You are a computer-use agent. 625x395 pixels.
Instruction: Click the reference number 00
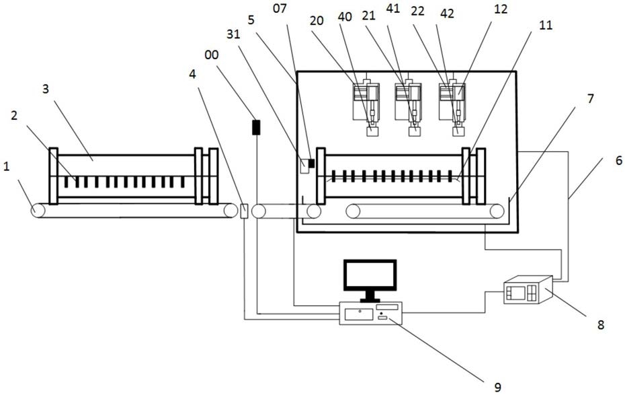[212, 55]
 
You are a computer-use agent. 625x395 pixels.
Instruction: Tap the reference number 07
[280, 8]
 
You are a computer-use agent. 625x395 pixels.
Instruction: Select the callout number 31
[233, 35]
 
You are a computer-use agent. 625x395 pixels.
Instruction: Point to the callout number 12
[500, 9]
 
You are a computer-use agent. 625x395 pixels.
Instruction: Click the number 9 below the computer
[497, 386]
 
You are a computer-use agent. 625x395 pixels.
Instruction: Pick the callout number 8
[601, 324]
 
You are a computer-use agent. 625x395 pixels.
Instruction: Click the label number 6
[619, 161]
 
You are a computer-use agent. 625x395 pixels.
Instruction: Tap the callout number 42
[447, 14]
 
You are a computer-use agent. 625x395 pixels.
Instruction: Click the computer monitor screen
[370, 275]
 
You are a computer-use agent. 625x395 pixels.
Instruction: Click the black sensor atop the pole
[256, 127]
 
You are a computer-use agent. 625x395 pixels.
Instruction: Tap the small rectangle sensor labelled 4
[245, 211]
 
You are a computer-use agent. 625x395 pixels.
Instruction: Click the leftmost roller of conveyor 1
[39, 210]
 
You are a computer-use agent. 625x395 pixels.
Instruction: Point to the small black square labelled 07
[312, 164]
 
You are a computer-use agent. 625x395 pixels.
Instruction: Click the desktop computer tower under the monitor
[370, 313]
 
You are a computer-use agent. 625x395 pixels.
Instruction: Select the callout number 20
[317, 21]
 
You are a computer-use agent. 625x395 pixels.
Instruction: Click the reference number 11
[546, 25]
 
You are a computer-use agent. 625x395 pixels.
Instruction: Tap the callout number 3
[46, 89]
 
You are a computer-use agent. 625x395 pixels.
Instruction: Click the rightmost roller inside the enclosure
[497, 211]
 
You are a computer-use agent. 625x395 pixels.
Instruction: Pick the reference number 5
[251, 20]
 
